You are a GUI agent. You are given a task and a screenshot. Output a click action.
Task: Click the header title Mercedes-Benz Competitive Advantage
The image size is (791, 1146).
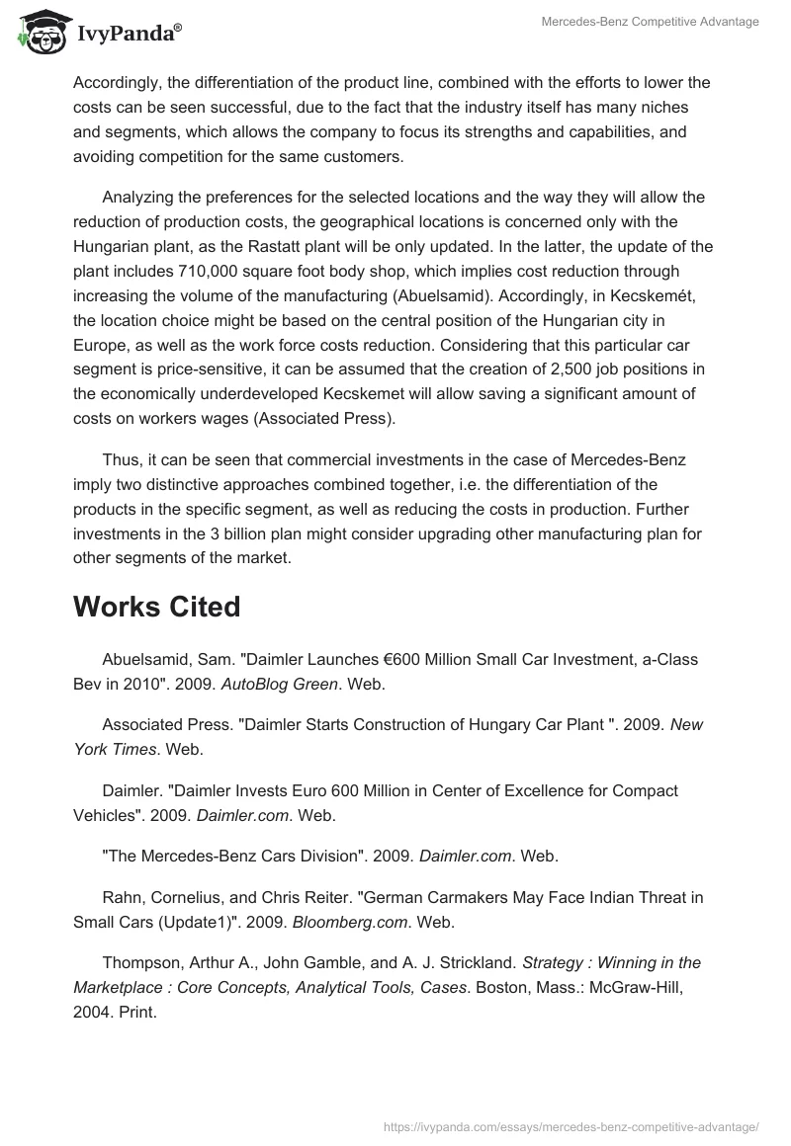coord(650,22)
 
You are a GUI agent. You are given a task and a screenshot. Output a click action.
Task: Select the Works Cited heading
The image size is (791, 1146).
coord(156,607)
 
